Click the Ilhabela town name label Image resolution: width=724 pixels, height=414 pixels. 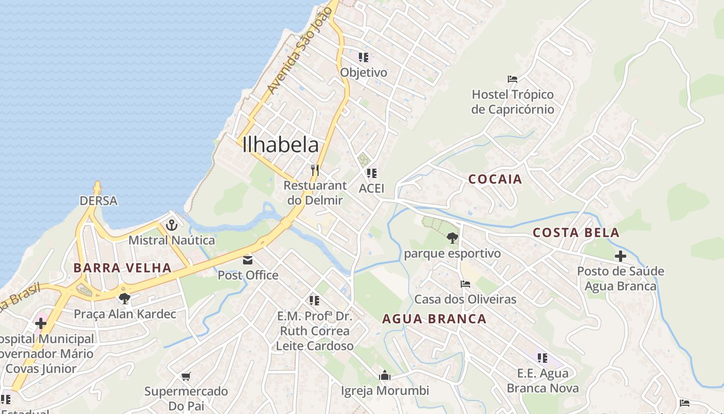(281, 145)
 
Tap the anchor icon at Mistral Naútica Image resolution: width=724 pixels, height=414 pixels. (172, 225)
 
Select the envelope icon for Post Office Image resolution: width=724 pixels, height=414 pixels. (248, 260)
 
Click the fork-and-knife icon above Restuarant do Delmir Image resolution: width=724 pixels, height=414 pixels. (314, 170)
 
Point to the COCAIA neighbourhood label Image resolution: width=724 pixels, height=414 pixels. (495, 180)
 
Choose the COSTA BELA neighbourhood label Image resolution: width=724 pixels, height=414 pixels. (576, 233)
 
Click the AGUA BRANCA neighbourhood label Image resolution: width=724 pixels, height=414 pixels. (434, 319)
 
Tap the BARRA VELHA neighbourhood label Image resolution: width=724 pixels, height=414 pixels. (122, 268)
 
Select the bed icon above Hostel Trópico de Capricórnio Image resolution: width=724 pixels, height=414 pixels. (512, 79)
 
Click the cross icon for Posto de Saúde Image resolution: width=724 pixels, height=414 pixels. (620, 256)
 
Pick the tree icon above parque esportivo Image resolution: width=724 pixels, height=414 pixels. (452, 238)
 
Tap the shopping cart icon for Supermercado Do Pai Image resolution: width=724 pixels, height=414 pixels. (186, 376)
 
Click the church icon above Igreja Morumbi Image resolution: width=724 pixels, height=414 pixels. (384, 376)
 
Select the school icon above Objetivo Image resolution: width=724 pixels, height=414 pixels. (364, 57)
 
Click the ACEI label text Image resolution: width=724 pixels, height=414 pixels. (371, 188)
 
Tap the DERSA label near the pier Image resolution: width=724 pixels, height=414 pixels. (98, 201)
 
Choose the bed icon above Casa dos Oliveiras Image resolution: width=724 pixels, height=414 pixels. (465, 284)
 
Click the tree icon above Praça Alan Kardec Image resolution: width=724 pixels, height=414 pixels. (124, 298)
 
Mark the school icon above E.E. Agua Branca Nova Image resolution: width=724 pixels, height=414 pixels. (542, 358)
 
